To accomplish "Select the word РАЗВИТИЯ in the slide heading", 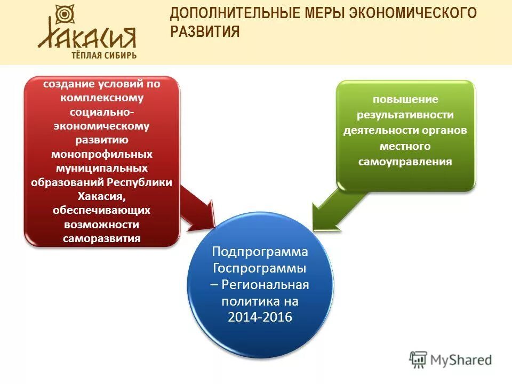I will tap(205, 32).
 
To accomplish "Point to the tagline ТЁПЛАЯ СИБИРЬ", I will tap(104, 55).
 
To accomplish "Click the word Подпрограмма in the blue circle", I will tap(260, 251).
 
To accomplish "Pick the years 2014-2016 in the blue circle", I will tap(260, 317).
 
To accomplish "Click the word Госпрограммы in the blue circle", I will tap(260, 268).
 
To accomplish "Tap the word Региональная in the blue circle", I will tap(265, 284).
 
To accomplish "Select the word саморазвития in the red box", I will tap(101, 238).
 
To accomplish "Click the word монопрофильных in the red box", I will tap(101, 154).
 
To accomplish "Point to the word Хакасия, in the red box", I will tap(101, 196).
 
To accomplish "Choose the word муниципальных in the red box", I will tap(101, 168).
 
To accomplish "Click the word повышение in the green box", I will tap(405, 100).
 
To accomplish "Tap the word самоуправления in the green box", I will tap(405, 162).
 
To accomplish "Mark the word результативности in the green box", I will tap(405, 115).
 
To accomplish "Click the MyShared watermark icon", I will tap(419, 359).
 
